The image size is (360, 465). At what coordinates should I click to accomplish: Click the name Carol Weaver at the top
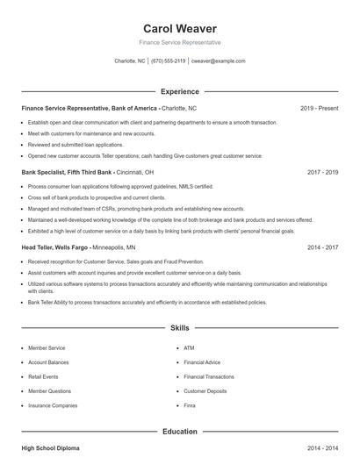pyautogui.click(x=180, y=28)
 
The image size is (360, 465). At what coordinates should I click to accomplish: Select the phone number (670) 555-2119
pyautogui.click(x=169, y=61)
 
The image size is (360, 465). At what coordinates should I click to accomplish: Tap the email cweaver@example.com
pyautogui.click(x=219, y=61)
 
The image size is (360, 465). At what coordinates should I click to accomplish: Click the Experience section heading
pyautogui.click(x=180, y=91)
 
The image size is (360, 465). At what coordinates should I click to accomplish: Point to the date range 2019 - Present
pyautogui.click(x=319, y=108)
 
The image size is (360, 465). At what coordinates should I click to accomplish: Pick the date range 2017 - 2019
pyautogui.click(x=322, y=172)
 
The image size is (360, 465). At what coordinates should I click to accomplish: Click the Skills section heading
pyautogui.click(x=180, y=328)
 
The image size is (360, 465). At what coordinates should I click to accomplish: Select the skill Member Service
pyautogui.click(x=46, y=348)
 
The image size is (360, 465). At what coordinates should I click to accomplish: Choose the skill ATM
pyautogui.click(x=189, y=348)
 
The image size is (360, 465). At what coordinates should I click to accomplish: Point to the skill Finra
pyautogui.click(x=190, y=405)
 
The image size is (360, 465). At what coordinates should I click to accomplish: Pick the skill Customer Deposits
pyautogui.click(x=205, y=391)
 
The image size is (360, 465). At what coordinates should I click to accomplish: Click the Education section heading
pyautogui.click(x=180, y=432)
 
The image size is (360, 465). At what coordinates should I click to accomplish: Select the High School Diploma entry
pyautogui.click(x=51, y=448)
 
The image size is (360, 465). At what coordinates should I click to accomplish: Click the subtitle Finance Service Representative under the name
pyautogui.click(x=180, y=42)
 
